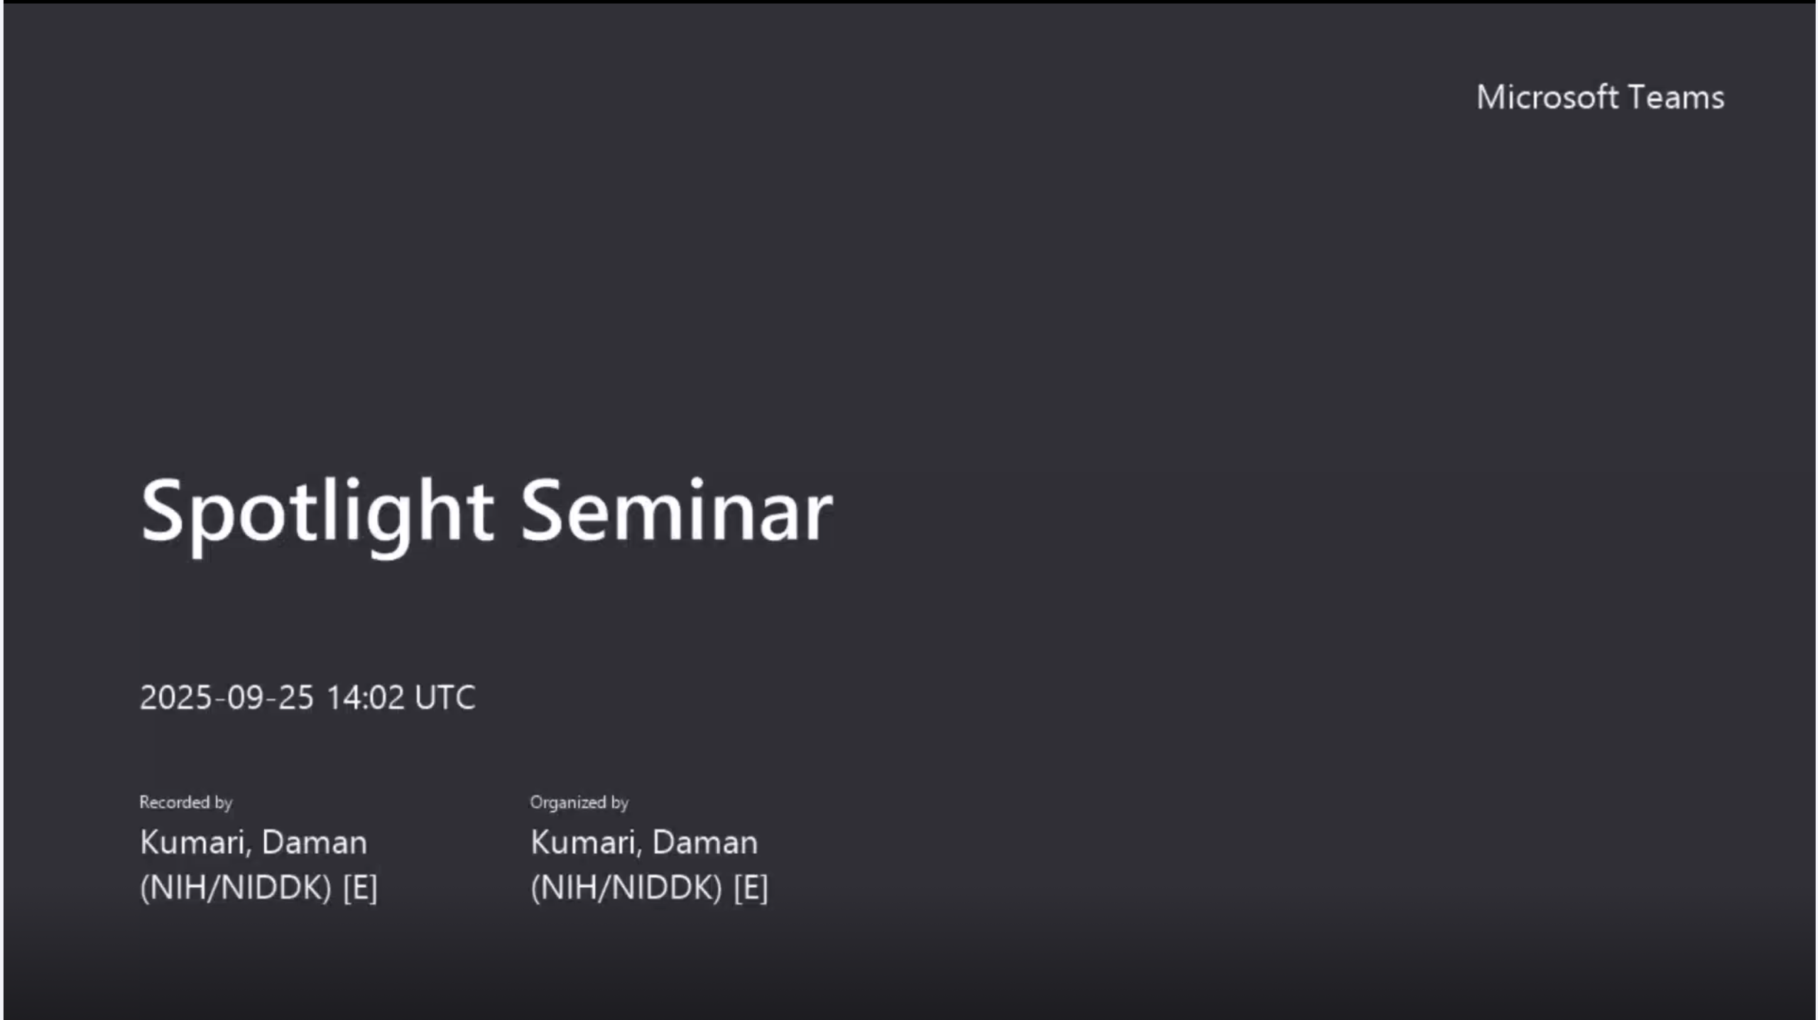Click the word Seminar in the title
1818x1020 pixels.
(x=676, y=511)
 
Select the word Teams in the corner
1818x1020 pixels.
(x=1676, y=98)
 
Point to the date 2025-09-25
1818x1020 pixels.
(x=227, y=698)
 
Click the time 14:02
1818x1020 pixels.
(x=366, y=698)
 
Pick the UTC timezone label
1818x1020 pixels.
(x=445, y=698)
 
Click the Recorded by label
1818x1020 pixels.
(x=186, y=803)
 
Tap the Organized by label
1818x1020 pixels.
(x=579, y=803)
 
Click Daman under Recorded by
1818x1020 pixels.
(x=315, y=842)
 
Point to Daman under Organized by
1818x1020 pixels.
(x=705, y=842)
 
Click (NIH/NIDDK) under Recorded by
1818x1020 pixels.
(x=236, y=888)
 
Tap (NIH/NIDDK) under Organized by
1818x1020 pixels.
(x=626, y=888)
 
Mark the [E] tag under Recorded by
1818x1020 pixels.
(x=360, y=888)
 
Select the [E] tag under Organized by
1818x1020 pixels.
(x=751, y=888)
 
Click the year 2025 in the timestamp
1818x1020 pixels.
(x=176, y=698)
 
